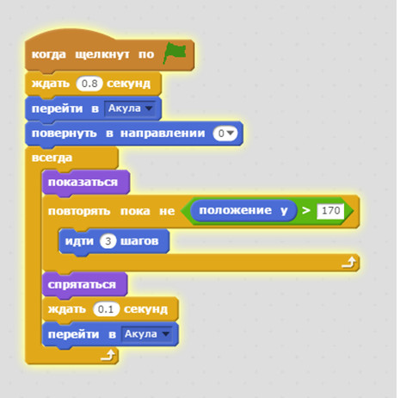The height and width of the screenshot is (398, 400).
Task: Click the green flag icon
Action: pos(175,53)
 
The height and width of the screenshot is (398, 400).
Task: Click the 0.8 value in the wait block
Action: pos(89,84)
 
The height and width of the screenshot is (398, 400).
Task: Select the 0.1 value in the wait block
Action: pos(106,309)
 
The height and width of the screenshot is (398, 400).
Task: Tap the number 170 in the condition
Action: pos(330,211)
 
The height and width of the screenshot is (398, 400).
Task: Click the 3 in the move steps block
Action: pos(108,241)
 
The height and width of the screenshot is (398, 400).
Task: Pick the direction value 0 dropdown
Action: pos(225,134)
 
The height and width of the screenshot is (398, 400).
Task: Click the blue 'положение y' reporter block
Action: pos(243,210)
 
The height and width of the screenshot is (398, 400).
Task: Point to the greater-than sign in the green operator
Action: pos(306,210)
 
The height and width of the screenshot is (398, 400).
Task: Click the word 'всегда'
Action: pos(52,158)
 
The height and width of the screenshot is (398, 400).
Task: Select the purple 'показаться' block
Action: pos(86,183)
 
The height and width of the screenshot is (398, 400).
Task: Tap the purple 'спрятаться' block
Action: pos(84,284)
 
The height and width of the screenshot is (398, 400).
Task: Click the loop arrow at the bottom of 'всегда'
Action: pos(108,355)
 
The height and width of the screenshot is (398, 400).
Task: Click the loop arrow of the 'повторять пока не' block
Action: pos(348,263)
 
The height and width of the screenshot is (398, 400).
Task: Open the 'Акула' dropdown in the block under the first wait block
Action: pos(130,109)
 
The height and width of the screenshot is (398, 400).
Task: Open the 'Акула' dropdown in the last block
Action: pos(146,334)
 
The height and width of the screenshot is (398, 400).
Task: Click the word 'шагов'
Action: pos(139,241)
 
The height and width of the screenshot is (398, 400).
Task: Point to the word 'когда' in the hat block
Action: pos(48,54)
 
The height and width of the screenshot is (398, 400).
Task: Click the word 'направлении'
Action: pos(163,134)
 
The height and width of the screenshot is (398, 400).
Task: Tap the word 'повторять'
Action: pos(79,212)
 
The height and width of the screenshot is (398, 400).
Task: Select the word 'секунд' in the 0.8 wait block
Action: pos(128,84)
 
